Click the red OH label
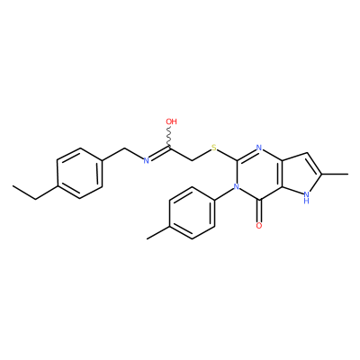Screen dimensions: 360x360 pyautogui.click(x=171, y=121)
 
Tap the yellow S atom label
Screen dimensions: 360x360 pyautogui.click(x=214, y=148)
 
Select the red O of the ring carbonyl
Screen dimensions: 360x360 pyautogui.click(x=259, y=226)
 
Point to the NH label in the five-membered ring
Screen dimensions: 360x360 pyautogui.click(x=306, y=198)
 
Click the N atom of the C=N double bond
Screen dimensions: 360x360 pyautogui.click(x=146, y=161)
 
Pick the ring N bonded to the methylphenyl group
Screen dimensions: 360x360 pyautogui.click(x=237, y=187)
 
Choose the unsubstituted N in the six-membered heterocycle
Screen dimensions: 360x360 pyautogui.click(x=259, y=148)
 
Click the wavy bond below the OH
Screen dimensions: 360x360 pyautogui.click(x=170, y=137)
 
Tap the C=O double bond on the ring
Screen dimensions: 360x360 pyautogui.click(x=259, y=211)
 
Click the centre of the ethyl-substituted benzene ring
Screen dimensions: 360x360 pyautogui.click(x=79, y=174)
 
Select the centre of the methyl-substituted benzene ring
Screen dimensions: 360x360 pyautogui.click(x=192, y=213)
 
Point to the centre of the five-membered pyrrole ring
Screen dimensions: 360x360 pyautogui.click(x=301, y=174)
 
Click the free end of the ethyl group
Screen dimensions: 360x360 pyautogui.click(x=13, y=186)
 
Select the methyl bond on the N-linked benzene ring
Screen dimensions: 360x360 pyautogui.click(x=158, y=232)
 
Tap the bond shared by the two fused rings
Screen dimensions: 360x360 pyautogui.click(x=282, y=174)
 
